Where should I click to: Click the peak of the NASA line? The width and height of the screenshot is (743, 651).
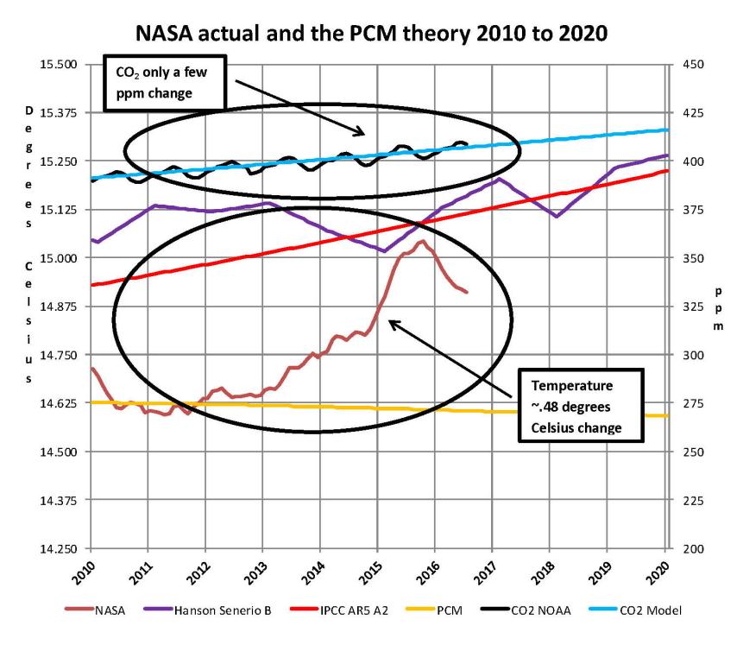[421, 242]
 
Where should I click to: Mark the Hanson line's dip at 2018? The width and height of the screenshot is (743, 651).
[557, 216]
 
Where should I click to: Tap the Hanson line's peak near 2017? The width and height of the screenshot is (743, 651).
[499, 179]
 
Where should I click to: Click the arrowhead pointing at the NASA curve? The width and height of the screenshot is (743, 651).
[390, 322]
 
